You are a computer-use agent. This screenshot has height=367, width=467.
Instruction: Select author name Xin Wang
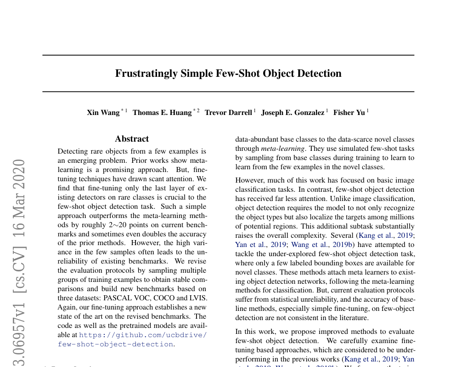click(103, 113)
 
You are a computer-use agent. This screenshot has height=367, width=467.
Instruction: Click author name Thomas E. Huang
click(162, 113)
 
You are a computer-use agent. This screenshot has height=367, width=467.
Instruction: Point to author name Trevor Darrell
click(228, 113)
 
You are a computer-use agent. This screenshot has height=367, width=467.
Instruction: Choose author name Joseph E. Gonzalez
click(293, 113)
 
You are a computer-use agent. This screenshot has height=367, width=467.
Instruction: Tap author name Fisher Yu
click(349, 113)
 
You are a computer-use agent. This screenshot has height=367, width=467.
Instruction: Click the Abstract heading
click(132, 139)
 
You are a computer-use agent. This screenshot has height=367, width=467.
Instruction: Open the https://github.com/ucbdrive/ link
click(143, 335)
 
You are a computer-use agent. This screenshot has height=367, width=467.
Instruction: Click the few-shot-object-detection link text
click(116, 344)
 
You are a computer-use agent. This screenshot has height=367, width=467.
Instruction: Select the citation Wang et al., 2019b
click(317, 245)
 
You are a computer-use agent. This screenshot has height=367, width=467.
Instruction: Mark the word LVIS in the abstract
click(198, 298)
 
